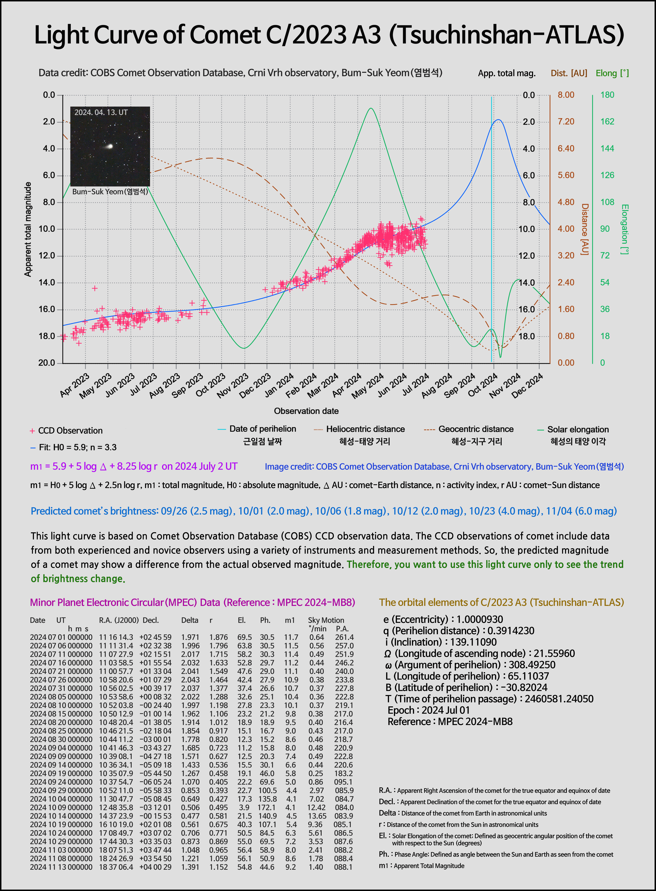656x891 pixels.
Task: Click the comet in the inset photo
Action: click(109, 146)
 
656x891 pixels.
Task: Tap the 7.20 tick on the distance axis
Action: click(566, 122)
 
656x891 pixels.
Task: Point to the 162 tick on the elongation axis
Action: click(607, 122)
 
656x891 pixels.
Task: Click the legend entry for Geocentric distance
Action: click(476, 429)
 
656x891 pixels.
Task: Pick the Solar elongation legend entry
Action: click(578, 430)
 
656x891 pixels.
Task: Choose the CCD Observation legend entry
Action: click(70, 431)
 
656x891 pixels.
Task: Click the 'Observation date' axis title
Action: click(306, 411)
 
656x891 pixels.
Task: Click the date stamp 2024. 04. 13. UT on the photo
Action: click(101, 113)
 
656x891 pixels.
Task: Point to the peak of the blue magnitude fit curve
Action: click(498, 120)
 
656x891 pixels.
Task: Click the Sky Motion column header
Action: click(326, 620)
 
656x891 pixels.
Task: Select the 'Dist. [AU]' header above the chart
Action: click(569, 73)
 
